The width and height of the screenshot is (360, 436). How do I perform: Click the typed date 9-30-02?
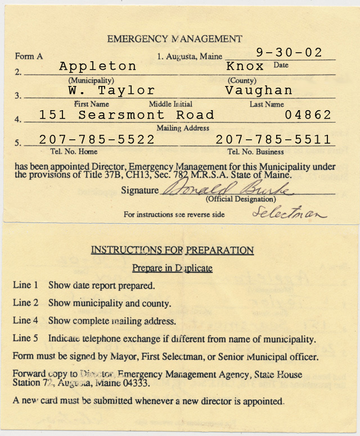pos(289,53)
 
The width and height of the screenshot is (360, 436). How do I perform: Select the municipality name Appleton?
pos(98,66)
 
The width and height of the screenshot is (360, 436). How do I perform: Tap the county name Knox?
pos(245,66)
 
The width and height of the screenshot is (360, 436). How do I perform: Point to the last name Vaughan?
pos(259,90)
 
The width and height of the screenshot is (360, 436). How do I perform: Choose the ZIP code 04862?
pos(308,115)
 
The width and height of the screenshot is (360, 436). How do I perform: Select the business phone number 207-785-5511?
pos(273,139)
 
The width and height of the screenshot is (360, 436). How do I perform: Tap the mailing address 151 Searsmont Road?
pos(127,115)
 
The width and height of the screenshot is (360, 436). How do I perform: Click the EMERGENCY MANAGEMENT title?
pos(174,39)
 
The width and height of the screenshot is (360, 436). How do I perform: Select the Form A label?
pos(29,56)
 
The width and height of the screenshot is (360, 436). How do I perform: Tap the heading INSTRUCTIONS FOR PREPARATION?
pos(172,250)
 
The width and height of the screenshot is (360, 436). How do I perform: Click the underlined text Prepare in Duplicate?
pos(172,268)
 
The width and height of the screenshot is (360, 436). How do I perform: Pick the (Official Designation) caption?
pos(241,199)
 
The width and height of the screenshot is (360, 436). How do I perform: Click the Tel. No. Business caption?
pos(255,152)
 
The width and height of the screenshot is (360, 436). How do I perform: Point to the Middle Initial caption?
pos(170,104)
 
